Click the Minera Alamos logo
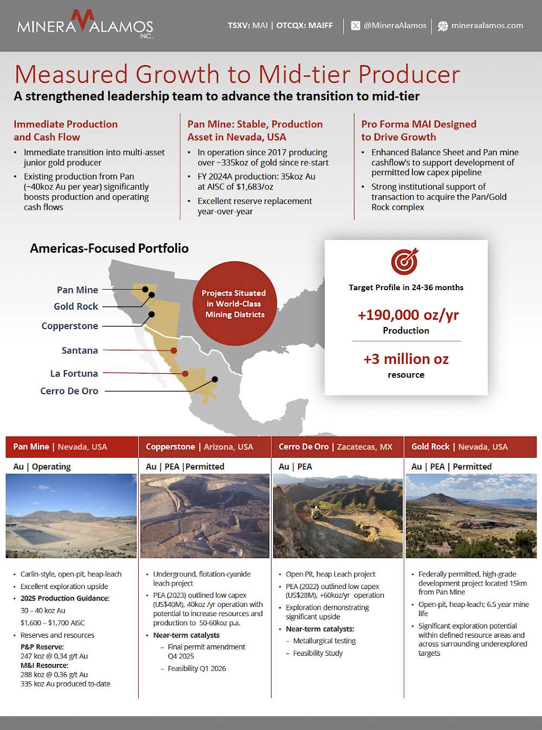pos(85,25)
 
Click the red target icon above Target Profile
pos(405,261)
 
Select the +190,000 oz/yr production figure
pos(408,315)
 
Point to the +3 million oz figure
pos(406,359)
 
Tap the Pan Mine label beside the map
pos(78,290)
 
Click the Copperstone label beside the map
pos(70,326)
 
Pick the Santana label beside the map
pos(80,350)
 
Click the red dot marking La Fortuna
pos(185,374)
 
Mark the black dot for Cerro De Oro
pos(215,379)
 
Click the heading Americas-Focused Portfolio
pos(109,248)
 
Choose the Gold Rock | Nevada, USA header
pos(460,447)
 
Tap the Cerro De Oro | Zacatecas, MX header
pos(335,447)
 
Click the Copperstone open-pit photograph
pos(204,516)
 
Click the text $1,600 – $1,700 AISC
pos(53,623)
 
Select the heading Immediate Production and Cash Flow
pos(66,131)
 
